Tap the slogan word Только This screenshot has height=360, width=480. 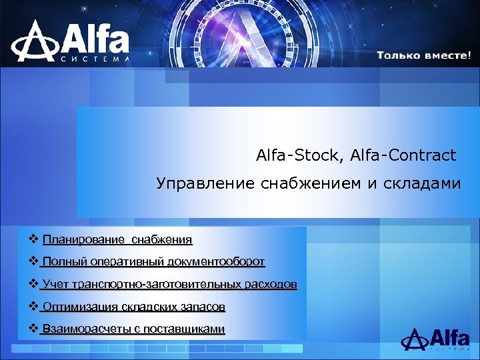coord(398,55)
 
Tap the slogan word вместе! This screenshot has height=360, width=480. coord(447,55)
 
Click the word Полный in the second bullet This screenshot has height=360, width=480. coord(63,262)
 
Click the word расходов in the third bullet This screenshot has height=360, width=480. coord(268,285)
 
